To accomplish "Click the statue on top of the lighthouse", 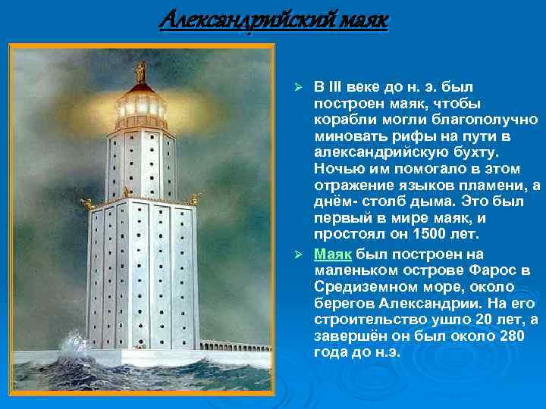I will click(x=140, y=73).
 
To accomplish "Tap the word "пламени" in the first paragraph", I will click(x=489, y=186).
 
